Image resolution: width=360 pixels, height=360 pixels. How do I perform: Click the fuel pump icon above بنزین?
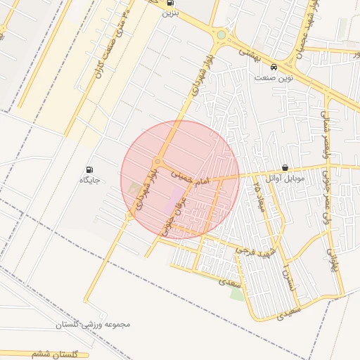point(169,3)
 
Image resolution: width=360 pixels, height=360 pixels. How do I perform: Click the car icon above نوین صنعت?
point(273,67)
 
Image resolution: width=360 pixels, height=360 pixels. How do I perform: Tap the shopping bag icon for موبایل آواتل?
point(285,168)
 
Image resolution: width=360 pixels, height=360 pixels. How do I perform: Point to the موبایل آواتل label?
point(285,179)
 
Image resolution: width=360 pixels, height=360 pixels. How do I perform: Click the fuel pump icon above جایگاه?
point(89,169)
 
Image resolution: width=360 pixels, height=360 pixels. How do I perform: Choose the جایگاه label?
point(90,180)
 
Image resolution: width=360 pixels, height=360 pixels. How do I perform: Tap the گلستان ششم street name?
point(53,354)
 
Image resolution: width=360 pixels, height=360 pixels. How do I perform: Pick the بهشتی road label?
point(248,53)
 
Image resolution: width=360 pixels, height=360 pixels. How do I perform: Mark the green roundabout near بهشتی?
point(221,34)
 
